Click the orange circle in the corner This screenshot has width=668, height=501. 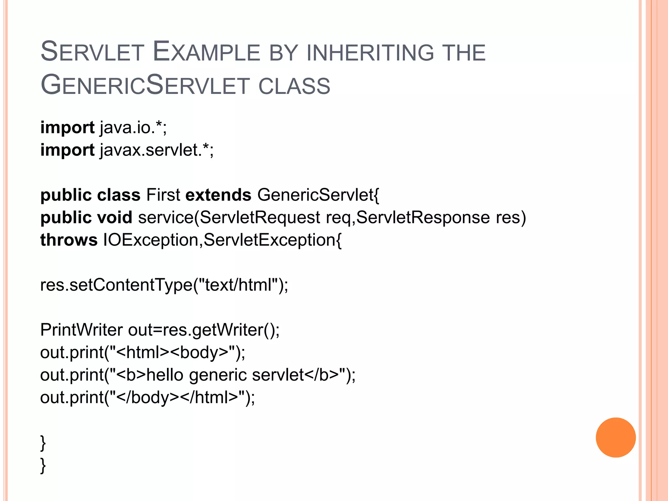click(615, 437)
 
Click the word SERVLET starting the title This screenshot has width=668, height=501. click(92, 52)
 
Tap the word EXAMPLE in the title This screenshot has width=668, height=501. click(206, 52)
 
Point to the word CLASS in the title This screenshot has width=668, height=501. click(294, 86)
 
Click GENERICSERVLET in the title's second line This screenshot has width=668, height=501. click(145, 85)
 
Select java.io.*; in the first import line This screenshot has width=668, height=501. click(133, 127)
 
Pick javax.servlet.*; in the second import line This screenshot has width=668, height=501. click(157, 150)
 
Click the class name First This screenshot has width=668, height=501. click(163, 195)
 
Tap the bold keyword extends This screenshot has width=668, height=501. click(218, 195)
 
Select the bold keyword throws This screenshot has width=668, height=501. click(69, 240)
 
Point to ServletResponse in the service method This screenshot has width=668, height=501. click(423, 217)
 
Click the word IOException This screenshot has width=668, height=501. click(151, 240)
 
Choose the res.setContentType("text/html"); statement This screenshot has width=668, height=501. click(164, 285)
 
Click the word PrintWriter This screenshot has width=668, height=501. click(81, 330)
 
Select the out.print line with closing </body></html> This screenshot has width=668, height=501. click(147, 397)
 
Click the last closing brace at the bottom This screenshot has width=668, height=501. click(43, 465)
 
